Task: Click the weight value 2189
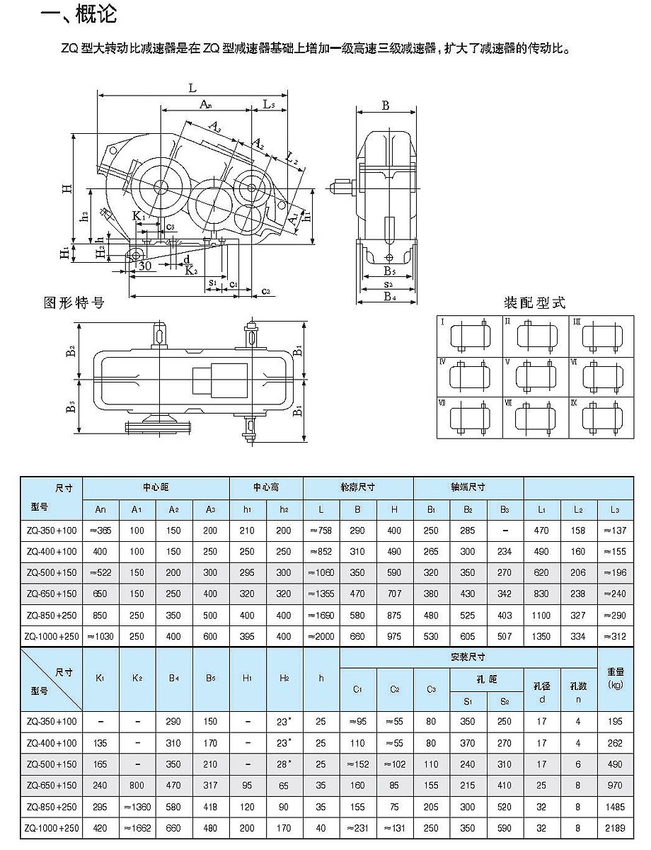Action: [615, 828]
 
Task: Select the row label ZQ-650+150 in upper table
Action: [52, 594]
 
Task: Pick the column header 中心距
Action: [156, 487]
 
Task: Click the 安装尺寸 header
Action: [469, 657]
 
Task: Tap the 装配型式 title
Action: [534, 303]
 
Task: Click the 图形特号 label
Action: [74, 302]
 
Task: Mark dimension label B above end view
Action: [386, 106]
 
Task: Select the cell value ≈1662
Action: [137, 828]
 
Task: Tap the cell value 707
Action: [394, 594]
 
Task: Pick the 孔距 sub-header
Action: [488, 679]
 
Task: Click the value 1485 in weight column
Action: [615, 806]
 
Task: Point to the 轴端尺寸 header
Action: [468, 487]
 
